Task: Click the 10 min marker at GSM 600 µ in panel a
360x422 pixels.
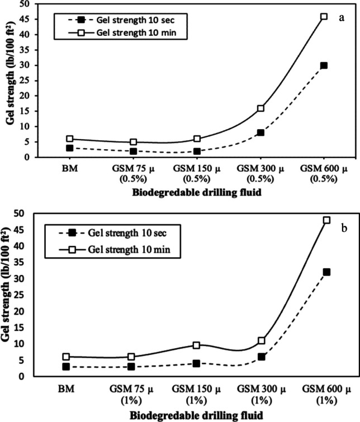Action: coord(324,17)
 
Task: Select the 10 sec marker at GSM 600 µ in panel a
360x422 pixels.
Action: coord(324,65)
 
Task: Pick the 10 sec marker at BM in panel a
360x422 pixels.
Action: coord(70,148)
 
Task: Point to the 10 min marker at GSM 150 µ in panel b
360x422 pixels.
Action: coord(196,345)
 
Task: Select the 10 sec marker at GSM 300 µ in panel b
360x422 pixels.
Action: coord(261,357)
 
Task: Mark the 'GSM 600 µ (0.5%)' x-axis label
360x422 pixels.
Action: coord(323,174)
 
